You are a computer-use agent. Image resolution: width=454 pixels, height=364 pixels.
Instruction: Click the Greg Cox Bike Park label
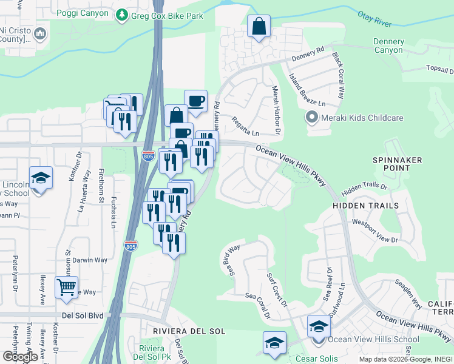pyautogui.click(x=168, y=15)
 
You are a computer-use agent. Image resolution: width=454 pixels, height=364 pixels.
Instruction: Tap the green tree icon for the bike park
pyautogui.click(x=123, y=15)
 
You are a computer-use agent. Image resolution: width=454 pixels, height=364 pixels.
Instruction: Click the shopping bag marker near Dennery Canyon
pyautogui.click(x=259, y=27)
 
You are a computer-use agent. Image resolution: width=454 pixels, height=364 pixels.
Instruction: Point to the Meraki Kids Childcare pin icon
pyautogui.click(x=313, y=118)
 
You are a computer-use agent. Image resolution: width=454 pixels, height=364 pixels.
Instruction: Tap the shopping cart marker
pyautogui.click(x=66, y=286)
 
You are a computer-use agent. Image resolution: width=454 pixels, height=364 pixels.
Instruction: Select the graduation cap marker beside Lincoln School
pyautogui.click(x=41, y=178)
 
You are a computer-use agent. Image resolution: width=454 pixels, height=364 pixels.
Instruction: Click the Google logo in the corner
pyautogui.click(x=20, y=357)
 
